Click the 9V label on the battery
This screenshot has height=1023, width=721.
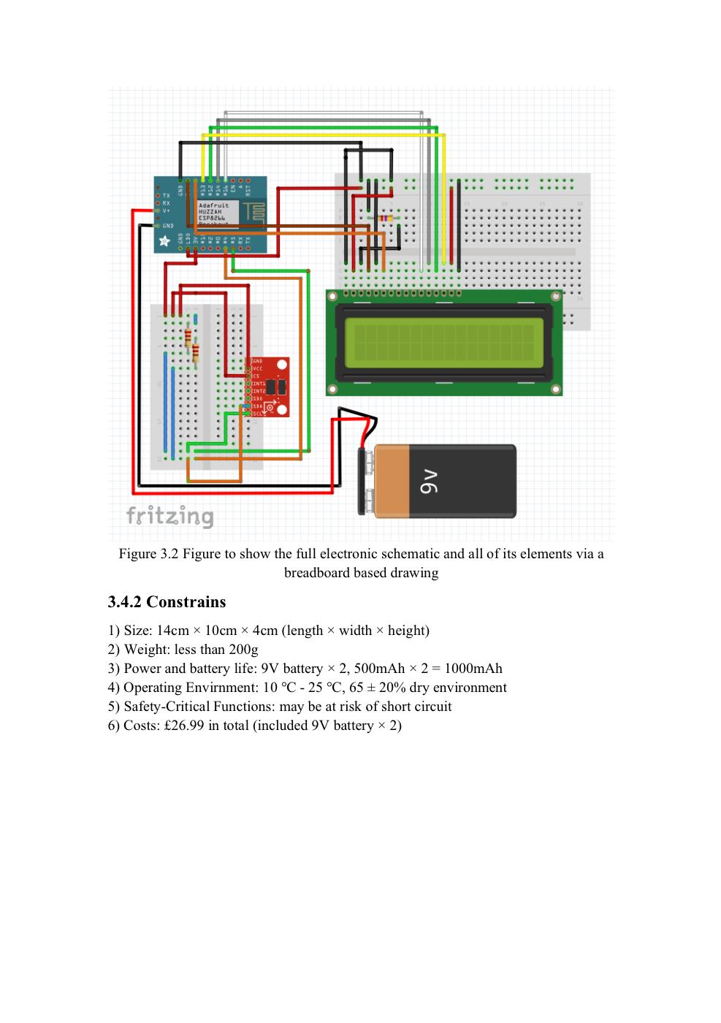pyautogui.click(x=430, y=482)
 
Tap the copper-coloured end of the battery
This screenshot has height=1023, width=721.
pyautogui.click(x=392, y=482)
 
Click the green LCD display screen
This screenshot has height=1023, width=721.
pyautogui.click(x=443, y=342)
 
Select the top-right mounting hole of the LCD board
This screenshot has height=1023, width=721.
pyautogui.click(x=556, y=296)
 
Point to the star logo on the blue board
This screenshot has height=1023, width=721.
pyautogui.click(x=165, y=240)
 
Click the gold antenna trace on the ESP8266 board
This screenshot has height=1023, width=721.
pyautogui.click(x=253, y=212)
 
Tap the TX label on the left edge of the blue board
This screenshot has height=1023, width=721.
pyautogui.click(x=167, y=195)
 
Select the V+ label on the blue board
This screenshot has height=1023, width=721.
pyautogui.click(x=167, y=211)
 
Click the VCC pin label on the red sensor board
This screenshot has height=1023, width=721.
pyautogui.click(x=258, y=368)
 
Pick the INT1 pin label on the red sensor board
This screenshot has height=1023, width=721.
pyautogui.click(x=259, y=384)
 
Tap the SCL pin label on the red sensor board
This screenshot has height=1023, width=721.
pyautogui.click(x=258, y=414)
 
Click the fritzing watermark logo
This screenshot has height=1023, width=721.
pyautogui.click(x=169, y=516)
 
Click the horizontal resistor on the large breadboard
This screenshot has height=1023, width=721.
pyautogui.click(x=385, y=218)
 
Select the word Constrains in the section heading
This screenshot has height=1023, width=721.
pyautogui.click(x=186, y=602)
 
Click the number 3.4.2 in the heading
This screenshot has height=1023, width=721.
pyautogui.click(x=124, y=602)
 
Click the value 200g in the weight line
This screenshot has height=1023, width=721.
pyautogui.click(x=243, y=650)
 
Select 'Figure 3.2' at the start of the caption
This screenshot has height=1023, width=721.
pyautogui.click(x=148, y=554)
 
